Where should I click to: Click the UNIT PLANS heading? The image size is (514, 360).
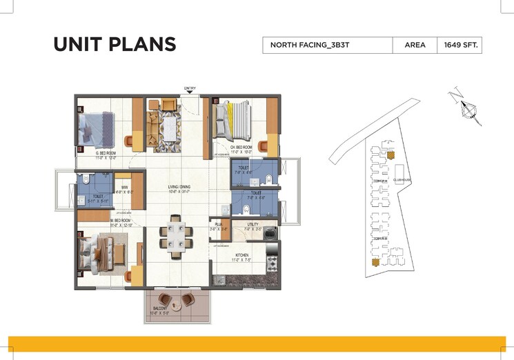pos(115,45)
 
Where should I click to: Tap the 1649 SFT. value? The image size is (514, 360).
pos(462,46)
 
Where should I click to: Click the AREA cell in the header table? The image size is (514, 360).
pos(414,46)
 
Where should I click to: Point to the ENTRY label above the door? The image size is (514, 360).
pos(190,88)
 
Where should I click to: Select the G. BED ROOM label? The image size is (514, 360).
pos(106,153)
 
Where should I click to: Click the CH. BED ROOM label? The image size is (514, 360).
pos(241,148)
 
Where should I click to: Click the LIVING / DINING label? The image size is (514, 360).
pos(179,187)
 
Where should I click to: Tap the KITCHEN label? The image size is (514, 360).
pos(241,255)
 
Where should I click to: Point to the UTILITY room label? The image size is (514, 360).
pos(254,224)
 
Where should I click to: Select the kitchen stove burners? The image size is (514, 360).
pos(271,263)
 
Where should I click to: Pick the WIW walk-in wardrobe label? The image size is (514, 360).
pos(125,187)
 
